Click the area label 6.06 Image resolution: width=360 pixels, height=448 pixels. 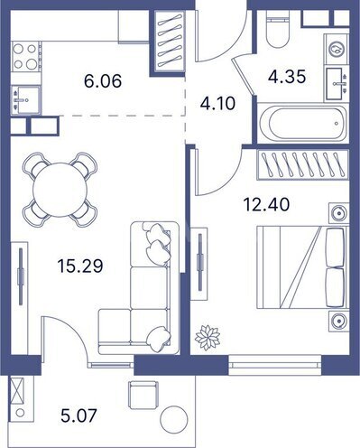pos(103,81)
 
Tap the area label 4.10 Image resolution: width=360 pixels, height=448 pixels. pos(217,103)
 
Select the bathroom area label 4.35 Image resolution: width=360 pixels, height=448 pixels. pos(287,77)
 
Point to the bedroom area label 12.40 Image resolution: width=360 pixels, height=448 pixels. pos(266,204)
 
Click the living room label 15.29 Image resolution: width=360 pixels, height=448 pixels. pos(80,266)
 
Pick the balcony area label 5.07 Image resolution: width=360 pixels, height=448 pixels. pos(78,415)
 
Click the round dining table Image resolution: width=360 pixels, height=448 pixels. pos(60,190)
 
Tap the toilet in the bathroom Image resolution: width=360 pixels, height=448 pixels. pos(277,29)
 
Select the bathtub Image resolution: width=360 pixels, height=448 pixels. pos(302,124)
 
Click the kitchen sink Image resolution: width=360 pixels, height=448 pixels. pos(26,99)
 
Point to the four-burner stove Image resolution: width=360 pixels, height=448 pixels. pos(26,56)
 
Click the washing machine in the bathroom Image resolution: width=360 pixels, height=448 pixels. pos(337,49)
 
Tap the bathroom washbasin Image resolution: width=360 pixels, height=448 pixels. pos(337,84)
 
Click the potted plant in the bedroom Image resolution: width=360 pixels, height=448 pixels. pos(208,338)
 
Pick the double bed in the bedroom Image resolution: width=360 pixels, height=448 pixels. pos(302,267)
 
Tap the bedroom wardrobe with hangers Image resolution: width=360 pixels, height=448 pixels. pos(302,165)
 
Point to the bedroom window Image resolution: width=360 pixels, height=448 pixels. pos(275,365)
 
